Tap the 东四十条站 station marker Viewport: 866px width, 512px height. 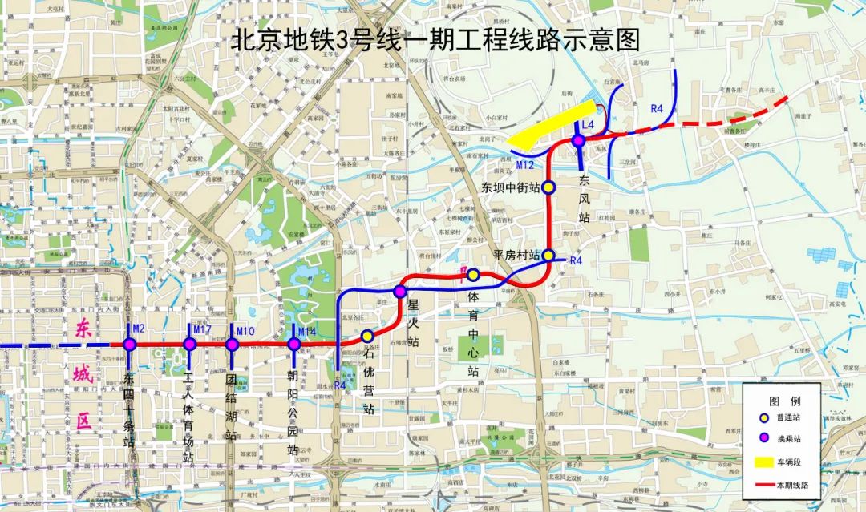tap(129, 345)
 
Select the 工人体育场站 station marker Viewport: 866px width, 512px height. tap(190, 345)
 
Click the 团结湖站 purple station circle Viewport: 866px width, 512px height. tap(232, 345)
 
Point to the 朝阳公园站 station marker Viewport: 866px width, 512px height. tap(293, 345)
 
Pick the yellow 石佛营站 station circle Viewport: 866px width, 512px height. tap(367, 336)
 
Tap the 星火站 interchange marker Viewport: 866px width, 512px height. tap(401, 292)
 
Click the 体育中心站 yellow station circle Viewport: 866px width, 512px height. tap(473, 275)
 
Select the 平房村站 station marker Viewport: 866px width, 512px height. tap(549, 255)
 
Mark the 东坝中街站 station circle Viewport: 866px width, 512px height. tap(549, 187)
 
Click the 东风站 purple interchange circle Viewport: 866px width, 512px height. tap(577, 141)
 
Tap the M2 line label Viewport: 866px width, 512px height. tap(138, 329)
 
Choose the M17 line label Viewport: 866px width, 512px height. tap(201, 330)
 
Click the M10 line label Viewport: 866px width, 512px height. tap(245, 331)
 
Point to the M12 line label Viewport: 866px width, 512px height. tap(525, 165)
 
